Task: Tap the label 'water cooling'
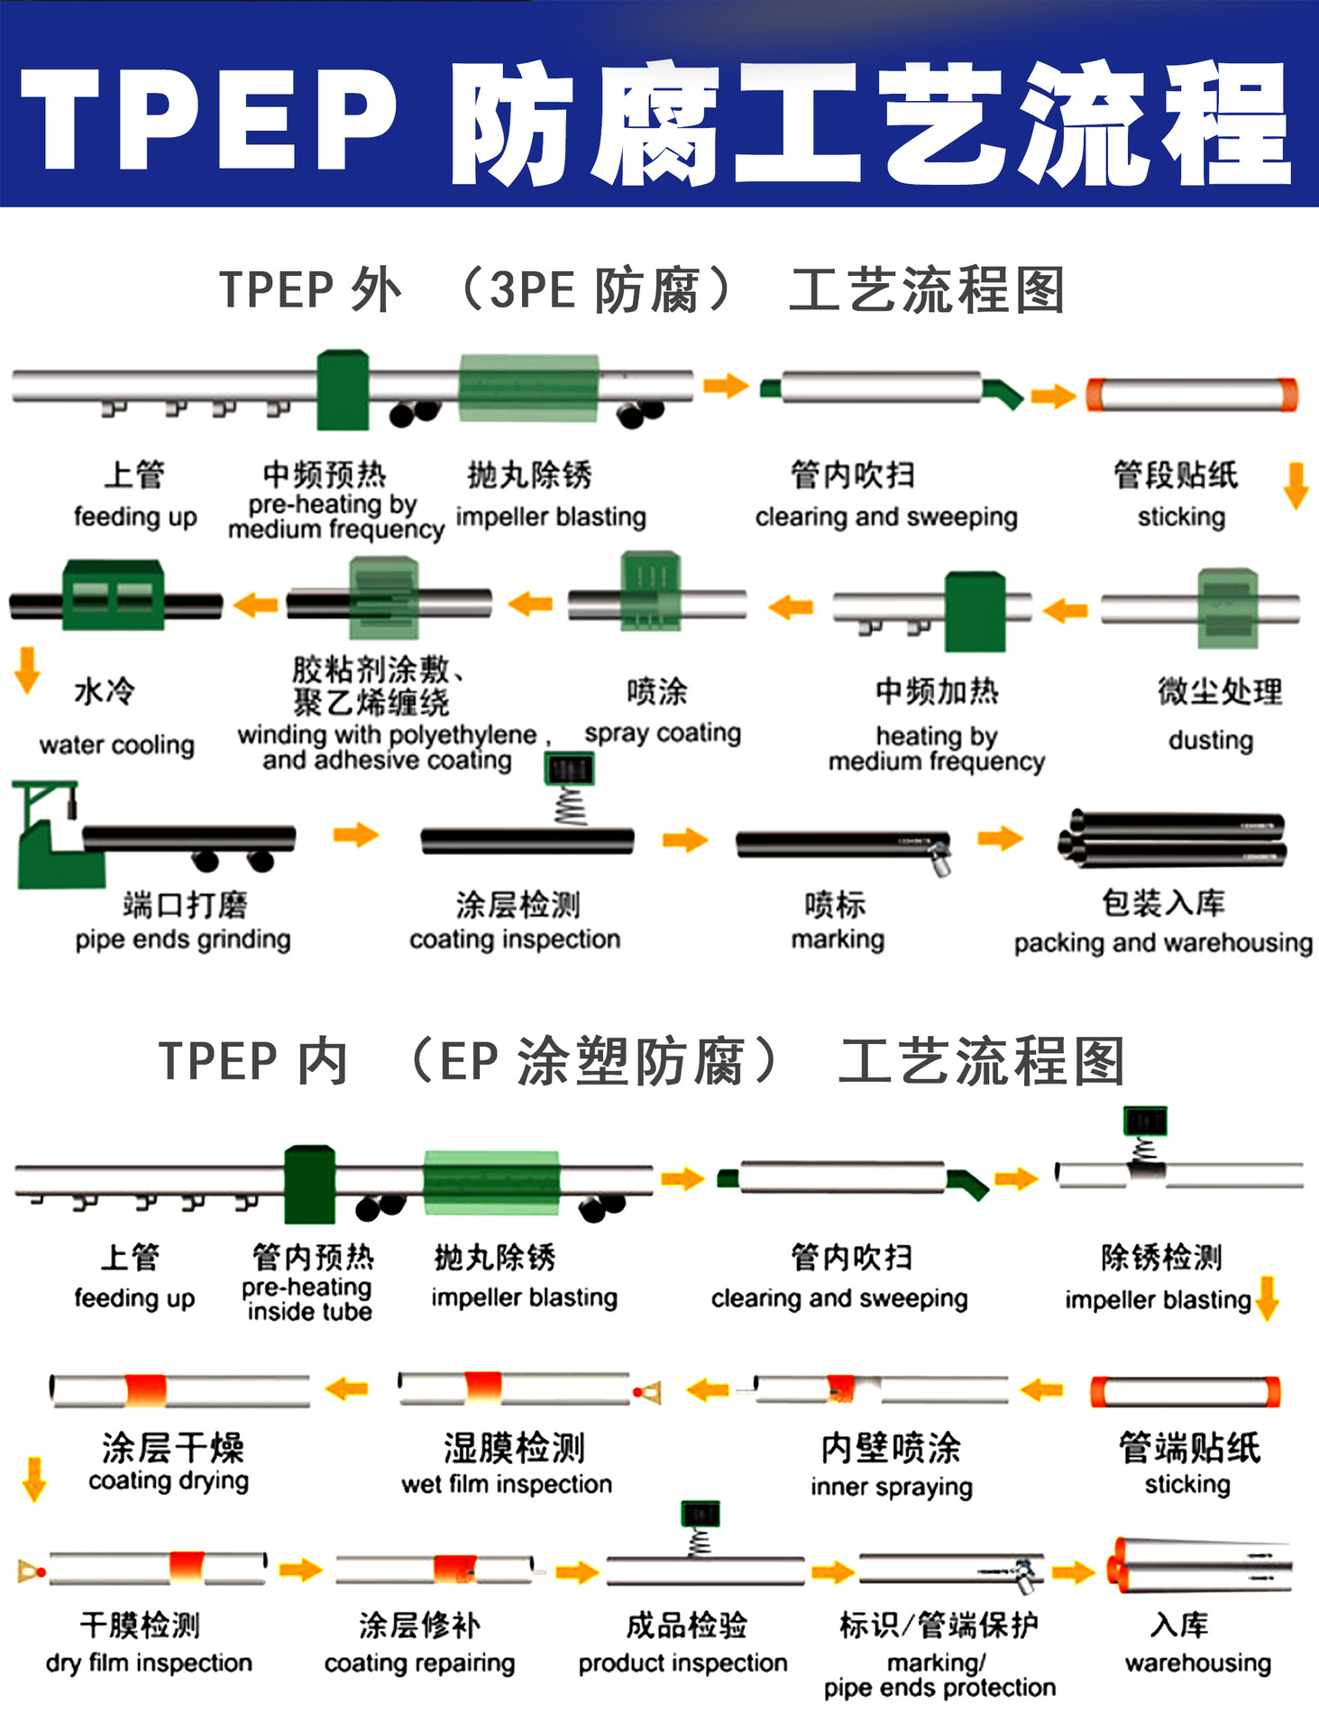(116, 745)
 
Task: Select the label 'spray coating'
(662, 733)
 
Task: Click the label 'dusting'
(1210, 740)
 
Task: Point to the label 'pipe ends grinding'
(183, 939)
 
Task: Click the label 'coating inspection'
(515, 939)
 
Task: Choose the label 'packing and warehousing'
(1162, 943)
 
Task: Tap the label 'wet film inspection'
(507, 1484)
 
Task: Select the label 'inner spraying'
(891, 1486)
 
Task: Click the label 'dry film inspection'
(149, 1662)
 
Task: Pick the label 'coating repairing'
(419, 1662)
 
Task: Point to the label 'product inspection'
(682, 1662)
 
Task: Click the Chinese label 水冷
(105, 691)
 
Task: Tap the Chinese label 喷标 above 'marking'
(835, 903)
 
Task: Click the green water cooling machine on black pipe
(114, 595)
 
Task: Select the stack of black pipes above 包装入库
(1172, 839)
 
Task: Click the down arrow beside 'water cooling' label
(27, 670)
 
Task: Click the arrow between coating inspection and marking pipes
(685, 840)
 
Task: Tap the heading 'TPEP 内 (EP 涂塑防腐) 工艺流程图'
(641, 1061)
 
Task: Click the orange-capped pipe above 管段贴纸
(1192, 395)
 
